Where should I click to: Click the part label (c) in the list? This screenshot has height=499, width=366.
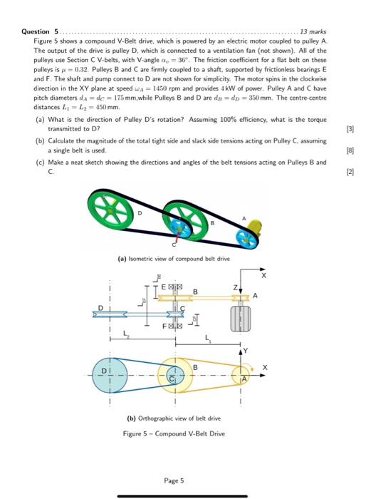point(40,163)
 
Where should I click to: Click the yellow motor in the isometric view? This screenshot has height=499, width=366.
point(251,228)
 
